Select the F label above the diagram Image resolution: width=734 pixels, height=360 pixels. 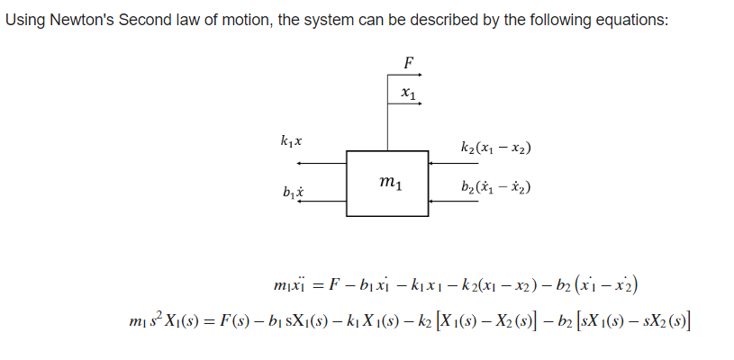(409, 64)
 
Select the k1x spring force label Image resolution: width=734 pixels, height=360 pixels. (291, 141)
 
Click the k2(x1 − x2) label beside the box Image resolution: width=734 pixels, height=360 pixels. (494, 147)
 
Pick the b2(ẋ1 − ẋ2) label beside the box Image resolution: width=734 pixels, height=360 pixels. (494, 189)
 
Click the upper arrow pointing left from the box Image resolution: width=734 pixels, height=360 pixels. (322, 163)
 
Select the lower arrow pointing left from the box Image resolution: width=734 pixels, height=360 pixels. (322, 203)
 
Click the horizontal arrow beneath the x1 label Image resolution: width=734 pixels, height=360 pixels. (408, 104)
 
